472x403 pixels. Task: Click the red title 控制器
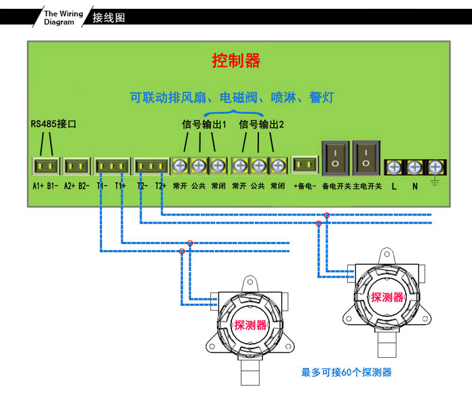(x=236, y=61)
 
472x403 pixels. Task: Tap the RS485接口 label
(x=54, y=124)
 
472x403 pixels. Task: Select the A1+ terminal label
(x=38, y=185)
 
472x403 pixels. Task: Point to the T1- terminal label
(x=102, y=185)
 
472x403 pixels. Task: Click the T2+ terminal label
(x=160, y=185)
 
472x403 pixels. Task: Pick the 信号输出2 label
(x=262, y=124)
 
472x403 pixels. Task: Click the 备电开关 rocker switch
(x=335, y=159)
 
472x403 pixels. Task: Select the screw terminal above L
(x=394, y=166)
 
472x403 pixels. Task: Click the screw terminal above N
(x=415, y=166)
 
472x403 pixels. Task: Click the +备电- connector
(x=305, y=165)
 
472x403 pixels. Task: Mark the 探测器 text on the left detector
(x=250, y=325)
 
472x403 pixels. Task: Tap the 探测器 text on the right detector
(x=387, y=297)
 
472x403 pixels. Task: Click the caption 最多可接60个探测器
(x=346, y=372)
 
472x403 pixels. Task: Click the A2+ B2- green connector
(x=76, y=165)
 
